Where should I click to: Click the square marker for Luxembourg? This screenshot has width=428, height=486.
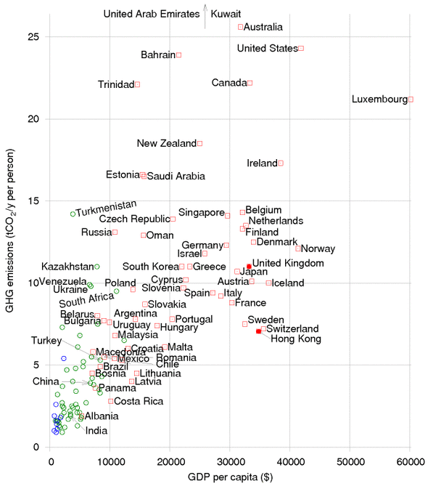[x=411, y=100]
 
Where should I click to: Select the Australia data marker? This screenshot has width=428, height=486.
[x=240, y=27]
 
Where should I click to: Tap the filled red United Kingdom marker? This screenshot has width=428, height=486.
[x=249, y=266]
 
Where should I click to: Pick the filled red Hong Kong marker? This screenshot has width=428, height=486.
[x=258, y=331]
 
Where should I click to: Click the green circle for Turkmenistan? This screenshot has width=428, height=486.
[x=73, y=214]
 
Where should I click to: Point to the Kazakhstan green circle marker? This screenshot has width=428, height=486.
[x=97, y=267]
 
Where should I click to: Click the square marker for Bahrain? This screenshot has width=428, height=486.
[x=179, y=55]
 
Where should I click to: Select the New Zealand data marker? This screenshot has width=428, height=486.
[x=200, y=144]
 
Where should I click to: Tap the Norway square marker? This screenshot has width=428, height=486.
[x=297, y=248]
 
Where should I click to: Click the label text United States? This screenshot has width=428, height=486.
[x=268, y=49]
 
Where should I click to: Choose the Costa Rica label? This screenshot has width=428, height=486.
[x=139, y=402]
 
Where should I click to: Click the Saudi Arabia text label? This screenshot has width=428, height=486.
[x=176, y=176]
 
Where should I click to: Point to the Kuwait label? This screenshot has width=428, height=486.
[x=226, y=14]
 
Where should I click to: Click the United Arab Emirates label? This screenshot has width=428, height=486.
[x=152, y=14]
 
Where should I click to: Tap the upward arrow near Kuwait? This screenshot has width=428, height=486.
[x=205, y=16]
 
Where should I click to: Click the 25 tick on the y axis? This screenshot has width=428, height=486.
[x=33, y=37]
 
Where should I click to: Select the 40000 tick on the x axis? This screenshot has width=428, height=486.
[x=290, y=462]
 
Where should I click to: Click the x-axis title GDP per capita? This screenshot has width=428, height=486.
[x=230, y=477]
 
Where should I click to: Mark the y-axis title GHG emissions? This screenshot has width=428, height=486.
[x=9, y=230]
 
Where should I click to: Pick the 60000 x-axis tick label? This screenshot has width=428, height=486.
[x=411, y=462]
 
